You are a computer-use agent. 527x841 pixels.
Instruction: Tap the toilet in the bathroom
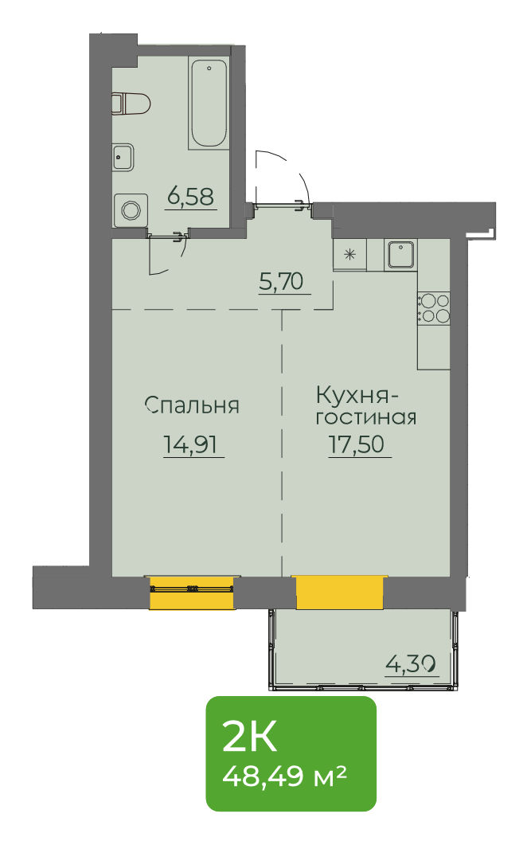coord(131,104)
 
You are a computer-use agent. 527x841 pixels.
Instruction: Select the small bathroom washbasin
coord(123,158)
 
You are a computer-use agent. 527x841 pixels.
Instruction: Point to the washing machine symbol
coord(131,209)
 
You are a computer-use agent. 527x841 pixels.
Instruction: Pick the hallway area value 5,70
coord(281,281)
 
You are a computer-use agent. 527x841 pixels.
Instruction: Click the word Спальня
coord(192,405)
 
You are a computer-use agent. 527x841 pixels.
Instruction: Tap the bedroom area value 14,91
coord(191,444)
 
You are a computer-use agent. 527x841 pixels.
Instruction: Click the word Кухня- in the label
coord(357,396)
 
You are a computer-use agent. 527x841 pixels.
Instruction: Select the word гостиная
coord(365,417)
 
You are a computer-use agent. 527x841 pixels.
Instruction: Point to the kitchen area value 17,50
coord(357,444)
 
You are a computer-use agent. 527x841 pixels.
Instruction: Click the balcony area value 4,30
coord(410,665)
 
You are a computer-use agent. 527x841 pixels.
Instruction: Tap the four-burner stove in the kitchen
coord(434,308)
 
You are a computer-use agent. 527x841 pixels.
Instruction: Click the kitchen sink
coord(400,254)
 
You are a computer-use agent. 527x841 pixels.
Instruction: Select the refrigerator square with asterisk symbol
coord(350,254)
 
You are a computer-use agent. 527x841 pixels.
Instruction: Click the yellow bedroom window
coord(191,593)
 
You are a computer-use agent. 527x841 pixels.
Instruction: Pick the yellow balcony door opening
coord(339,593)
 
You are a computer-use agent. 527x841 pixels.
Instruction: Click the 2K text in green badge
coord(249,737)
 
